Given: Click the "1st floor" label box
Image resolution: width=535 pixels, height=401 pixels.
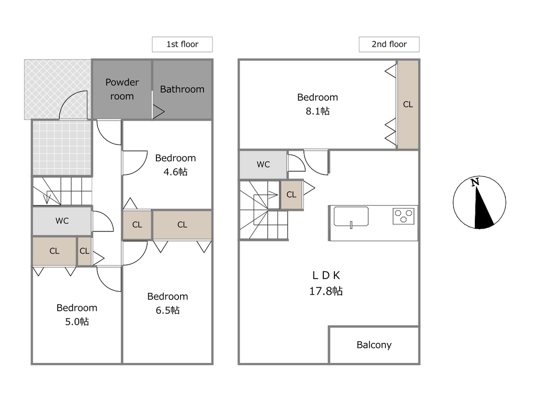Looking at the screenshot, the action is (182, 44).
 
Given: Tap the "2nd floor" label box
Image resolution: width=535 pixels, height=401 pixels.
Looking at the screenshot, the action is (389, 44).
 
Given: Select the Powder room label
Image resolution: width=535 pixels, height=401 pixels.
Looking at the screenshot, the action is (122, 89).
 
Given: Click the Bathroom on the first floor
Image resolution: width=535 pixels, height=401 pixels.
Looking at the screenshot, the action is (182, 89).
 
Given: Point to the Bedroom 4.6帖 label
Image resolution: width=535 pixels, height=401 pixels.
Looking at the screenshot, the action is (175, 165).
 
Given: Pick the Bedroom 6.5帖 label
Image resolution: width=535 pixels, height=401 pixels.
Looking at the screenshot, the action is (167, 303).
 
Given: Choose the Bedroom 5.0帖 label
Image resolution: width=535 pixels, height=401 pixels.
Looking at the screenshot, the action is (77, 314).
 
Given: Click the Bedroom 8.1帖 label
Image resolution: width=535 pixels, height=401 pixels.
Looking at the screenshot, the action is (318, 104).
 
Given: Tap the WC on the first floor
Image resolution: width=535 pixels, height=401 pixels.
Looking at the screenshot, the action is (62, 221).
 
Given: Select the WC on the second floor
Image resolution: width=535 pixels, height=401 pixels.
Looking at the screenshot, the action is (263, 165).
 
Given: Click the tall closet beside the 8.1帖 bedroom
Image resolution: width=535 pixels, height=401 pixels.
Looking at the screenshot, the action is (408, 104).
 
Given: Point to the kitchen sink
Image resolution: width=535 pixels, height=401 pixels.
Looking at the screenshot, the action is (351, 216).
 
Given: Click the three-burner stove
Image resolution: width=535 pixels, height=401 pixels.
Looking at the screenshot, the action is (403, 216).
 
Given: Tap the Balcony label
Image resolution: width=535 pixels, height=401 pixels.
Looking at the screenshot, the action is (374, 345).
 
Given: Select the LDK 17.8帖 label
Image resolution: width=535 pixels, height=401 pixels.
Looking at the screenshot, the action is (326, 283).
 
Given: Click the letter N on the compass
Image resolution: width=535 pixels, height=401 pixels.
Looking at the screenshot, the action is (475, 182).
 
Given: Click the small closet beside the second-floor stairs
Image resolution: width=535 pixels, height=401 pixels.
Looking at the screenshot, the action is (291, 194).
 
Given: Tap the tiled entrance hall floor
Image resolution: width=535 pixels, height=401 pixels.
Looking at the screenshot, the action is (62, 148).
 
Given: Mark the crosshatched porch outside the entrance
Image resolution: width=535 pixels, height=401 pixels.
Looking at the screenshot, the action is (58, 89).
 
